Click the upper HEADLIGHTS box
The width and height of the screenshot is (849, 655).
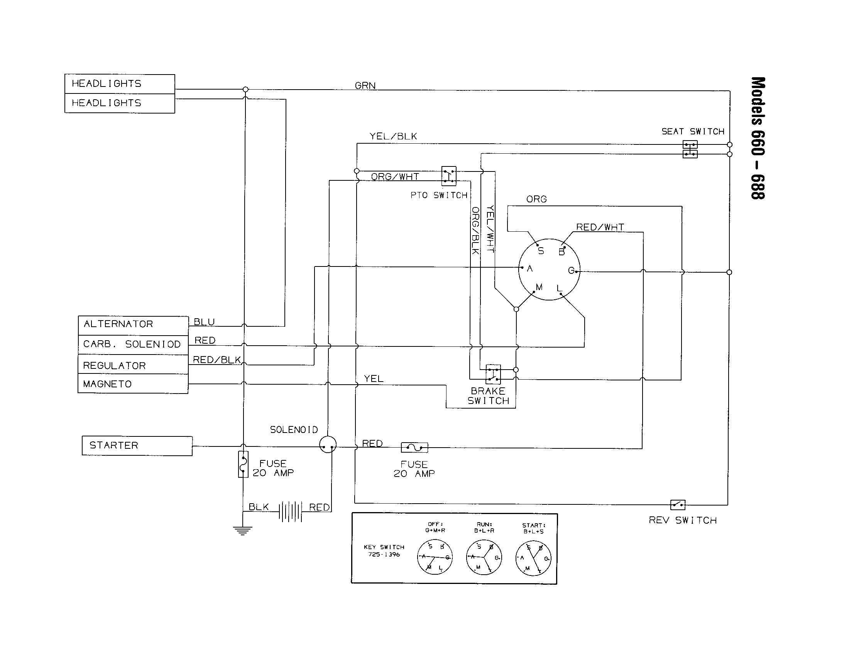click(x=120, y=84)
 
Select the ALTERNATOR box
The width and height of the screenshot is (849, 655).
click(x=133, y=324)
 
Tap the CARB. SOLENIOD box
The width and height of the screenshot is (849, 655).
click(x=133, y=344)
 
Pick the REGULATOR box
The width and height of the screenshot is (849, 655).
click(x=133, y=365)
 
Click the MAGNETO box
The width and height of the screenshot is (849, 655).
click(x=133, y=384)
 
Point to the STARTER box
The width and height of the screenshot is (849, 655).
click(x=137, y=446)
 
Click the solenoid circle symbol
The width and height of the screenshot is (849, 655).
click(x=327, y=444)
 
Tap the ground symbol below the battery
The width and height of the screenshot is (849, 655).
click(x=243, y=531)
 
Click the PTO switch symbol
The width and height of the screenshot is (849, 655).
click(x=448, y=176)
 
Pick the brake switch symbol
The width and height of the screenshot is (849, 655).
click(x=493, y=374)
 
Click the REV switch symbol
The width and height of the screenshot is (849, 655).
click(x=678, y=504)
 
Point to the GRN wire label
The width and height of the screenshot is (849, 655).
click(x=365, y=86)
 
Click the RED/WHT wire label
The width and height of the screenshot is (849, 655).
click(x=600, y=227)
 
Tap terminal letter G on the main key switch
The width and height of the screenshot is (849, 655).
click(x=571, y=270)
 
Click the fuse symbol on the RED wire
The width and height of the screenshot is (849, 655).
click(x=414, y=447)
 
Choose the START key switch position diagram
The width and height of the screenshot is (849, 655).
click(x=533, y=558)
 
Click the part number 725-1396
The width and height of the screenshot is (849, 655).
click(x=384, y=554)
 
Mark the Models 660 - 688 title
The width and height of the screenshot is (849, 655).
click(x=758, y=138)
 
